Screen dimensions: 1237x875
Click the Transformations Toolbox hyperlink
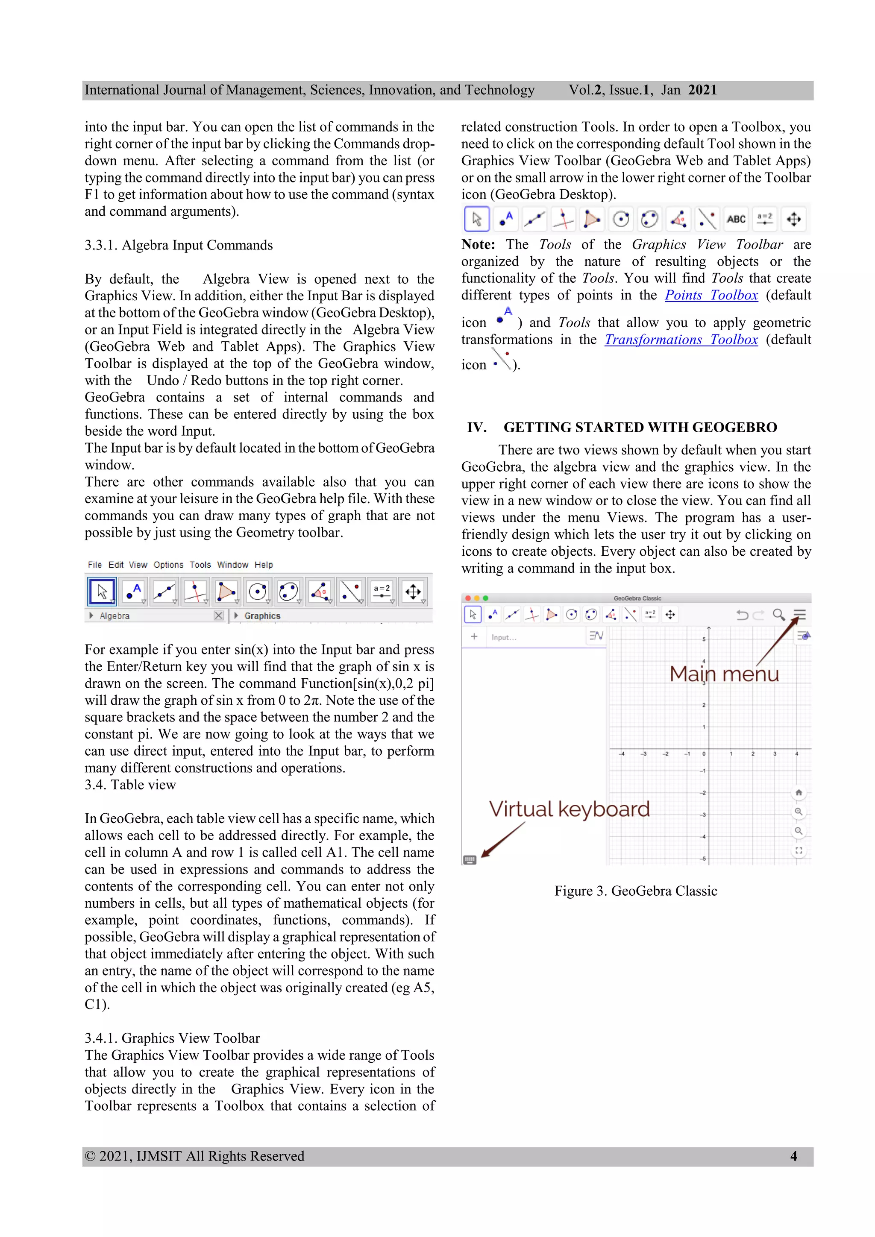tap(681, 340)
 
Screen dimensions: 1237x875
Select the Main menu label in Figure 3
tap(724, 674)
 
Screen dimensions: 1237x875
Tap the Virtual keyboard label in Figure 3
tap(569, 809)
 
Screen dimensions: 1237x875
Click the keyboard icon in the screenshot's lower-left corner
tap(470, 860)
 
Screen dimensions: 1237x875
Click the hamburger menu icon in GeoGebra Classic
tap(799, 615)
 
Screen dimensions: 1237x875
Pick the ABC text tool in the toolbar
tap(736, 219)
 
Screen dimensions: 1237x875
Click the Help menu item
tap(264, 565)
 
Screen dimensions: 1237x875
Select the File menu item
tap(95, 565)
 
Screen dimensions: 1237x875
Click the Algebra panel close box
tap(218, 615)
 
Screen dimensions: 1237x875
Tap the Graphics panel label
tap(262, 616)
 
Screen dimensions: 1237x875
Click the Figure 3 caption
tap(636, 891)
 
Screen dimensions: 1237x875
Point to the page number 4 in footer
tap(793, 1156)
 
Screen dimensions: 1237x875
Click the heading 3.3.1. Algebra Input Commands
tap(178, 245)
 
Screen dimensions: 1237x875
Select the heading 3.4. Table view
tap(130, 785)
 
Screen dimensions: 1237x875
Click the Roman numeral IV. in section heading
tap(477, 427)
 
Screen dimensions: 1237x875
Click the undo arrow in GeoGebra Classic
tap(742, 615)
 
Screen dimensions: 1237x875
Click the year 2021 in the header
tap(702, 90)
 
